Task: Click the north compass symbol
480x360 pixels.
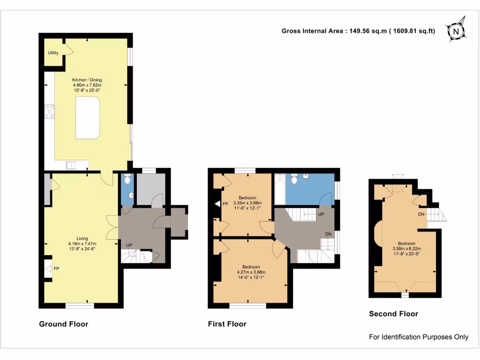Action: (x=455, y=31)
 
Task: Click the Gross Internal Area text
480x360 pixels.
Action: (x=358, y=31)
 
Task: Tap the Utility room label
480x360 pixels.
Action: (x=53, y=52)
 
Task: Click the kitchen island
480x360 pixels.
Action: (x=88, y=118)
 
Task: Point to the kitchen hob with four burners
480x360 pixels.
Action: (x=49, y=112)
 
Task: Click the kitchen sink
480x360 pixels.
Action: (x=71, y=165)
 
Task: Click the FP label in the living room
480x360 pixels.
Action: (x=56, y=269)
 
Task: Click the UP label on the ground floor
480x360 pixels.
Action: (x=128, y=245)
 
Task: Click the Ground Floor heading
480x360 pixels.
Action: (x=63, y=324)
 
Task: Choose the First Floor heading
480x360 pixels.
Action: (x=227, y=324)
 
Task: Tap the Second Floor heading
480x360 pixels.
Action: (x=393, y=314)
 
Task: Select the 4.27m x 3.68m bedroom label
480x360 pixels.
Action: (x=251, y=272)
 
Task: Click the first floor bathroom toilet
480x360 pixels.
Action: (x=294, y=179)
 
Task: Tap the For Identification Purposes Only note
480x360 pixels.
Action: (x=419, y=337)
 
